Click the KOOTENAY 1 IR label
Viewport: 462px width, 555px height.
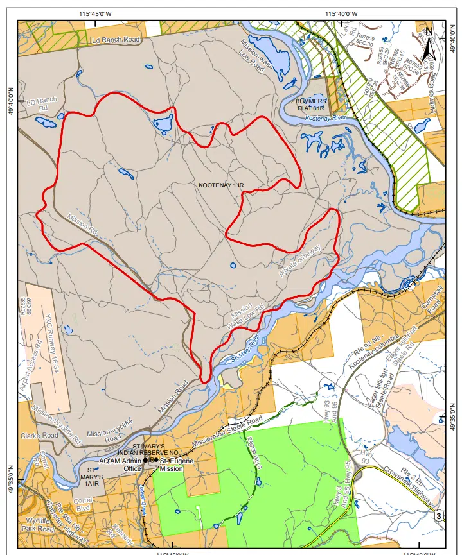pyautogui.click(x=222, y=185)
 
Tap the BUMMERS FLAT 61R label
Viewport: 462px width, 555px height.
pyautogui.click(x=312, y=105)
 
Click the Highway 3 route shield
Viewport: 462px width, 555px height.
pyautogui.click(x=439, y=515)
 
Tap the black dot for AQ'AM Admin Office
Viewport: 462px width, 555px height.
pyautogui.click(x=146, y=460)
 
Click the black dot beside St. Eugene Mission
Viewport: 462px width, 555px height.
pyautogui.click(x=156, y=460)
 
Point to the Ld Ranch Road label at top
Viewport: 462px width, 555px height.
pyautogui.click(x=116, y=40)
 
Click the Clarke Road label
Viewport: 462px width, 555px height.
pyautogui.click(x=39, y=434)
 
